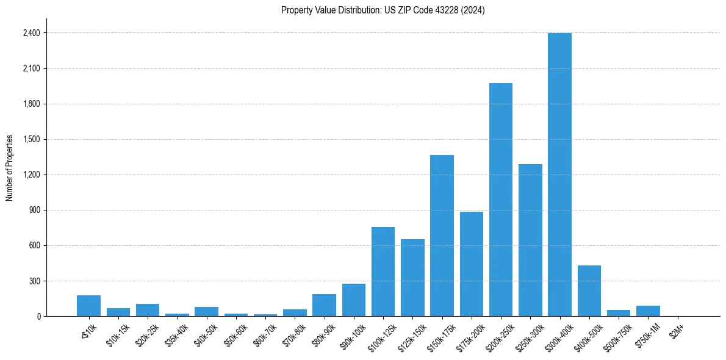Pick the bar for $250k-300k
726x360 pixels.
coord(530,240)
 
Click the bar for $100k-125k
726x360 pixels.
coord(383,272)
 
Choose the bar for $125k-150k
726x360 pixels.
coord(412,278)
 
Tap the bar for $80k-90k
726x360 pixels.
coord(324,305)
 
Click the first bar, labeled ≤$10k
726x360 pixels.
coord(88,306)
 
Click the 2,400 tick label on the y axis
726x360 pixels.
coord(31,33)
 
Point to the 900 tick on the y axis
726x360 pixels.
coord(34,211)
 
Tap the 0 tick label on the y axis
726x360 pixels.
coord(38,317)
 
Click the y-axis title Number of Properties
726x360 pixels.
coord(9,168)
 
